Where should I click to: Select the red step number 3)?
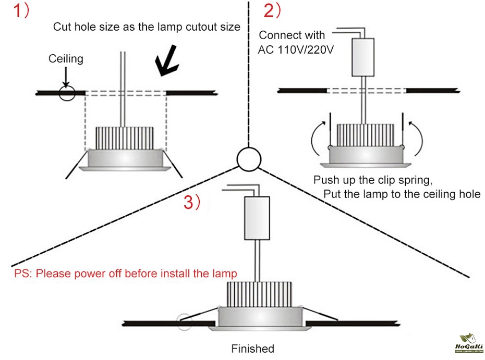(191, 203)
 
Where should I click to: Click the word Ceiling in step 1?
(66, 58)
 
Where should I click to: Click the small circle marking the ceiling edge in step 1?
(66, 93)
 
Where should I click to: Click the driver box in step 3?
(257, 218)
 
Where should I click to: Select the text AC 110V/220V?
(296, 50)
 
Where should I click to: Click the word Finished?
(252, 349)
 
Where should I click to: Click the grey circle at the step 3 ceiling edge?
(185, 322)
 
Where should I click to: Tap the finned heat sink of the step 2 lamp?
(365, 135)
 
